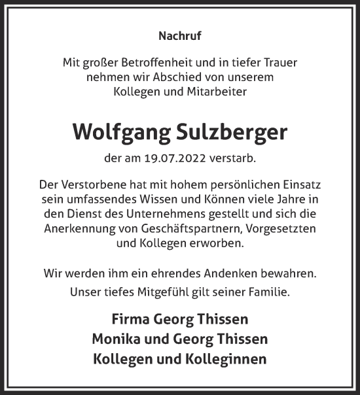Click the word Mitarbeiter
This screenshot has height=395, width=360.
215,92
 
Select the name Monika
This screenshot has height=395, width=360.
117,339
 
